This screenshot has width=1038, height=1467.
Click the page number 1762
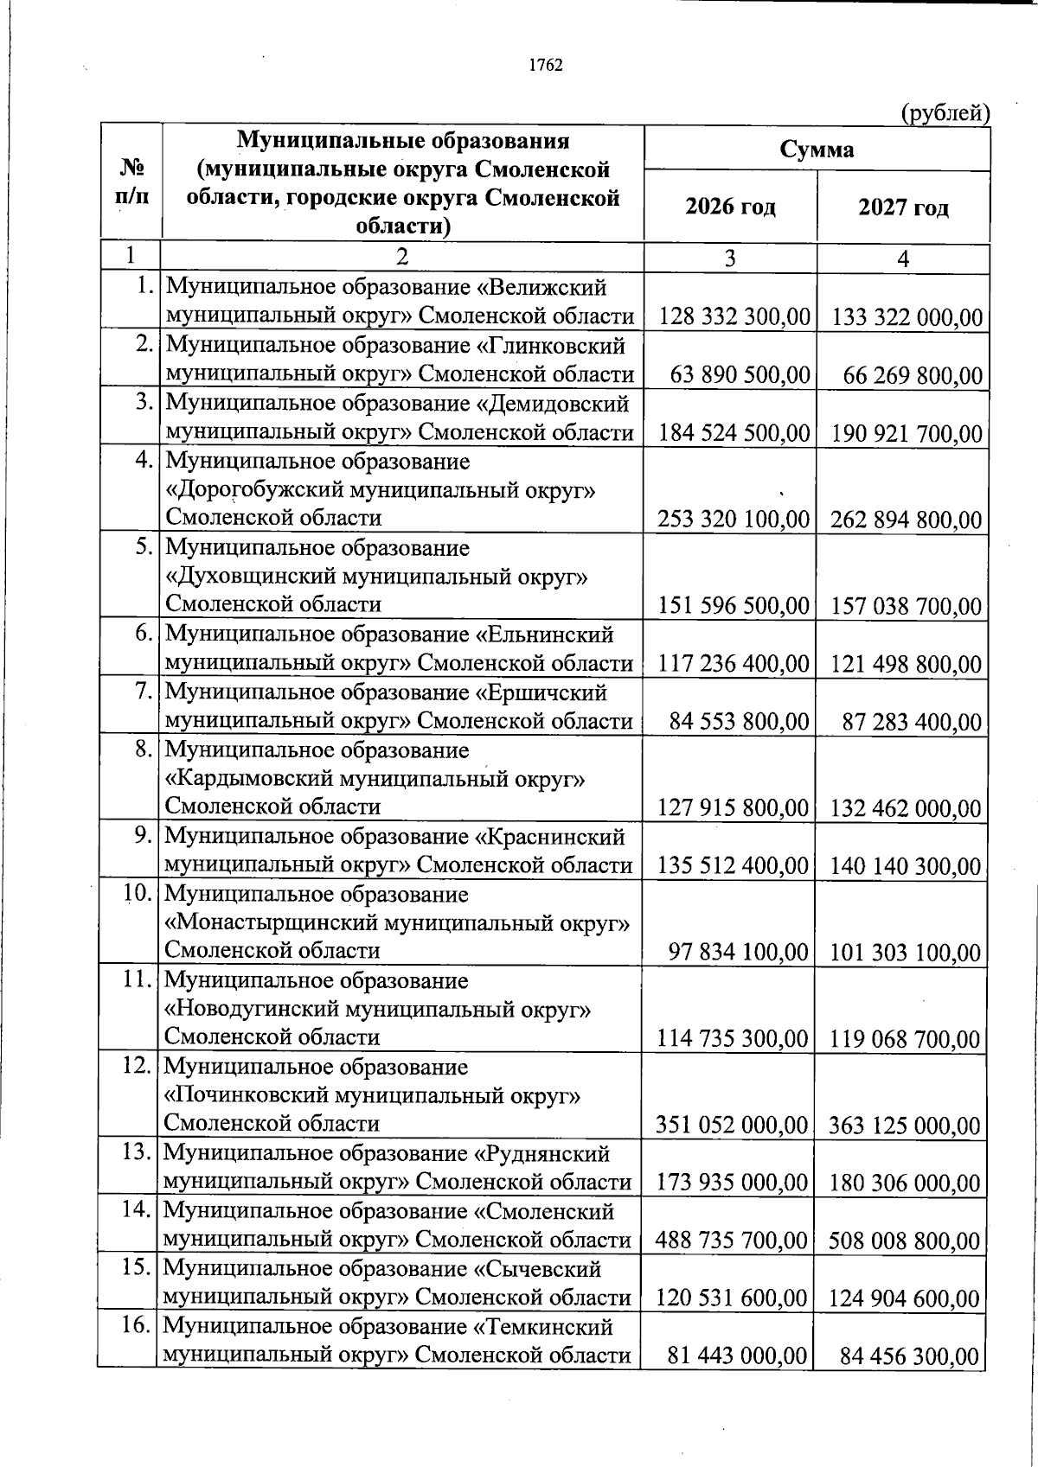point(546,66)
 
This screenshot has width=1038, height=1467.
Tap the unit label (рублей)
point(945,113)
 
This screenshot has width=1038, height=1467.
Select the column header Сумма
point(817,150)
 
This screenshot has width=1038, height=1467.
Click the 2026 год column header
point(730,207)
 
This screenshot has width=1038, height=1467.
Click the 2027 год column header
point(903,207)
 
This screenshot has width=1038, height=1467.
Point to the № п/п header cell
point(130,182)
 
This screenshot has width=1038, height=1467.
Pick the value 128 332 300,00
point(734,317)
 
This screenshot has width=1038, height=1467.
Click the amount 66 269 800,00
point(913,376)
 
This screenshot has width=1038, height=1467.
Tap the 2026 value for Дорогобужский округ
point(733,519)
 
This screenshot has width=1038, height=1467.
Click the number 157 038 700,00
point(907,605)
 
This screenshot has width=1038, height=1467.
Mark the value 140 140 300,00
point(906,866)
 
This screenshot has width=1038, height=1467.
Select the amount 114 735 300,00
point(733,1038)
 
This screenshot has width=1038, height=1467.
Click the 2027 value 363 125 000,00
point(905,1126)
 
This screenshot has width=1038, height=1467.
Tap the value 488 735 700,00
point(732,1241)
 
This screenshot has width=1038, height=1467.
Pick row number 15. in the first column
point(138,1268)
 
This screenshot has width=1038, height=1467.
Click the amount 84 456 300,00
point(911,1357)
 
